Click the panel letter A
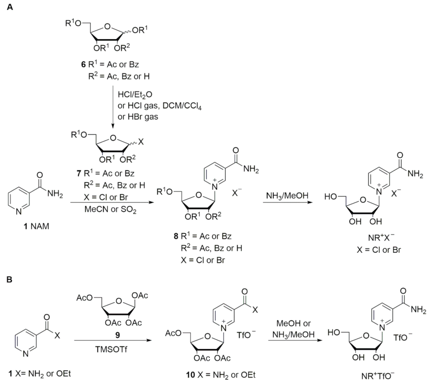click(10, 7)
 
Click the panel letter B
click(9, 279)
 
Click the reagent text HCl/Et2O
click(135, 95)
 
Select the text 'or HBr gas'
click(138, 117)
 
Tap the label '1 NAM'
click(36, 226)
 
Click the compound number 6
click(83, 64)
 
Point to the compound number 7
click(79, 173)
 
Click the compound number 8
click(176, 236)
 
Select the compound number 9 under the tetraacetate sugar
click(118, 335)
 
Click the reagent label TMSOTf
click(111, 350)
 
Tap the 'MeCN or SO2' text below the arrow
click(110, 210)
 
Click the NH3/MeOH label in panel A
click(287, 196)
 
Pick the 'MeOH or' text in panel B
click(294, 323)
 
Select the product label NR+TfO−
click(378, 376)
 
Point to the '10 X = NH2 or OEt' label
click(221, 375)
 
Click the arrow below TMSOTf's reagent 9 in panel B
click(113, 340)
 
